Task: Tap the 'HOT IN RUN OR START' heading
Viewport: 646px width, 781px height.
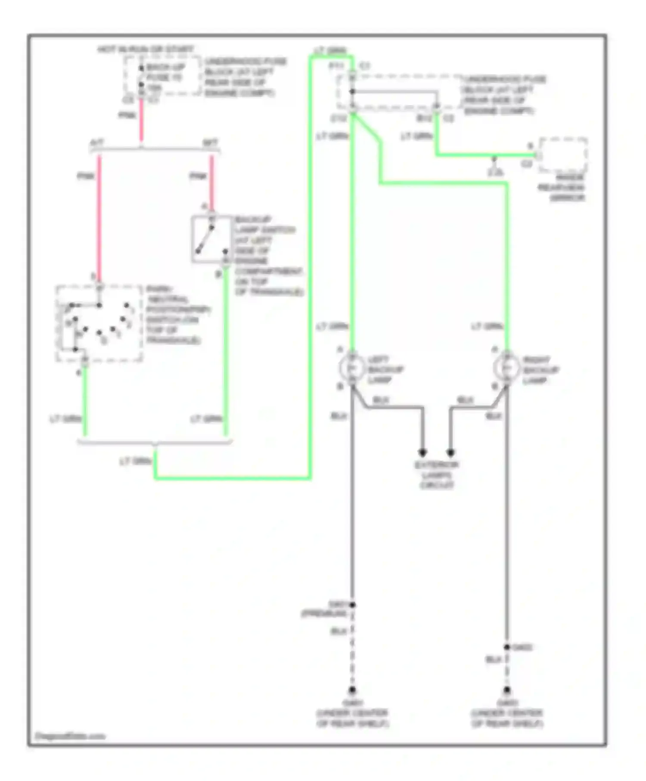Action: click(x=146, y=49)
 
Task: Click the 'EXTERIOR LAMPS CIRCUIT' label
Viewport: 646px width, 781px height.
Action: click(x=436, y=475)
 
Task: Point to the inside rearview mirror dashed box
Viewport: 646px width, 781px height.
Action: click(x=563, y=155)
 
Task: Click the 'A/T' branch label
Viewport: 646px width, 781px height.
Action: click(x=97, y=143)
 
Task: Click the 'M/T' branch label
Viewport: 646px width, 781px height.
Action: click(x=210, y=143)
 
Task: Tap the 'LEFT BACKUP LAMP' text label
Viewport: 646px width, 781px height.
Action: click(x=385, y=369)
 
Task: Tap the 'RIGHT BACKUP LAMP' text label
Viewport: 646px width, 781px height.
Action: click(x=540, y=370)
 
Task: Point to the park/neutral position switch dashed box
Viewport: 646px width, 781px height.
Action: click(x=99, y=323)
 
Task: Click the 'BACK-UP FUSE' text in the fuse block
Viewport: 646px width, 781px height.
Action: click(x=165, y=72)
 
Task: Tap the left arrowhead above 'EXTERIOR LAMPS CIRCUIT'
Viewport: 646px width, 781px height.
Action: click(x=422, y=452)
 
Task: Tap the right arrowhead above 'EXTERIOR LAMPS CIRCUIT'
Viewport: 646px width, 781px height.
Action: click(x=450, y=452)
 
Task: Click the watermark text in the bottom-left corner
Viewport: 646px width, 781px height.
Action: click(x=70, y=736)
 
